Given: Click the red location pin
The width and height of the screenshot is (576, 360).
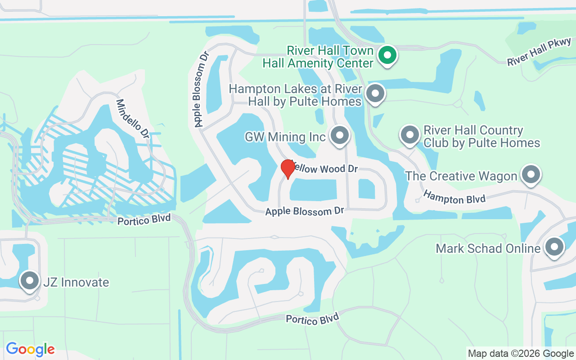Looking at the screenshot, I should [288, 169].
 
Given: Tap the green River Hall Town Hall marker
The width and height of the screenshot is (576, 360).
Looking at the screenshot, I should [387, 56].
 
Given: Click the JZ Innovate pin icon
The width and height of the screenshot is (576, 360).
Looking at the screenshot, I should [30, 281].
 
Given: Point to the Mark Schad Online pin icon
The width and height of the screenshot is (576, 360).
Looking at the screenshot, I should [554, 247].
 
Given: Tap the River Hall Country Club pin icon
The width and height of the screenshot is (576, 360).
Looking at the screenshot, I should [409, 135].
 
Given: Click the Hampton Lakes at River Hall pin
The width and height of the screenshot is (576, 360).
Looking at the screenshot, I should [375, 94].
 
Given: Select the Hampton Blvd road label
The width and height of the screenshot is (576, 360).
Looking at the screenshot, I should [454, 197].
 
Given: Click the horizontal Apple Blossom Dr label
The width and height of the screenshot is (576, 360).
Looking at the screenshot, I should [304, 211].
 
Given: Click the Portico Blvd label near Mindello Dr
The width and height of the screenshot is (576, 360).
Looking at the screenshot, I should [144, 220].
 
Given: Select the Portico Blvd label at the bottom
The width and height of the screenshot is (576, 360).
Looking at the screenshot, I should [312, 319].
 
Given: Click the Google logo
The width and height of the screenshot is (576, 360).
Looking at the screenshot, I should [31, 349].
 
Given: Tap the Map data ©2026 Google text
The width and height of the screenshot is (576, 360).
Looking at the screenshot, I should [521, 354].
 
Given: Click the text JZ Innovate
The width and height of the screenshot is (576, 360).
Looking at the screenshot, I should [76, 282].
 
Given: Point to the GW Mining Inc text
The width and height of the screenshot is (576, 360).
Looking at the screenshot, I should [285, 137].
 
